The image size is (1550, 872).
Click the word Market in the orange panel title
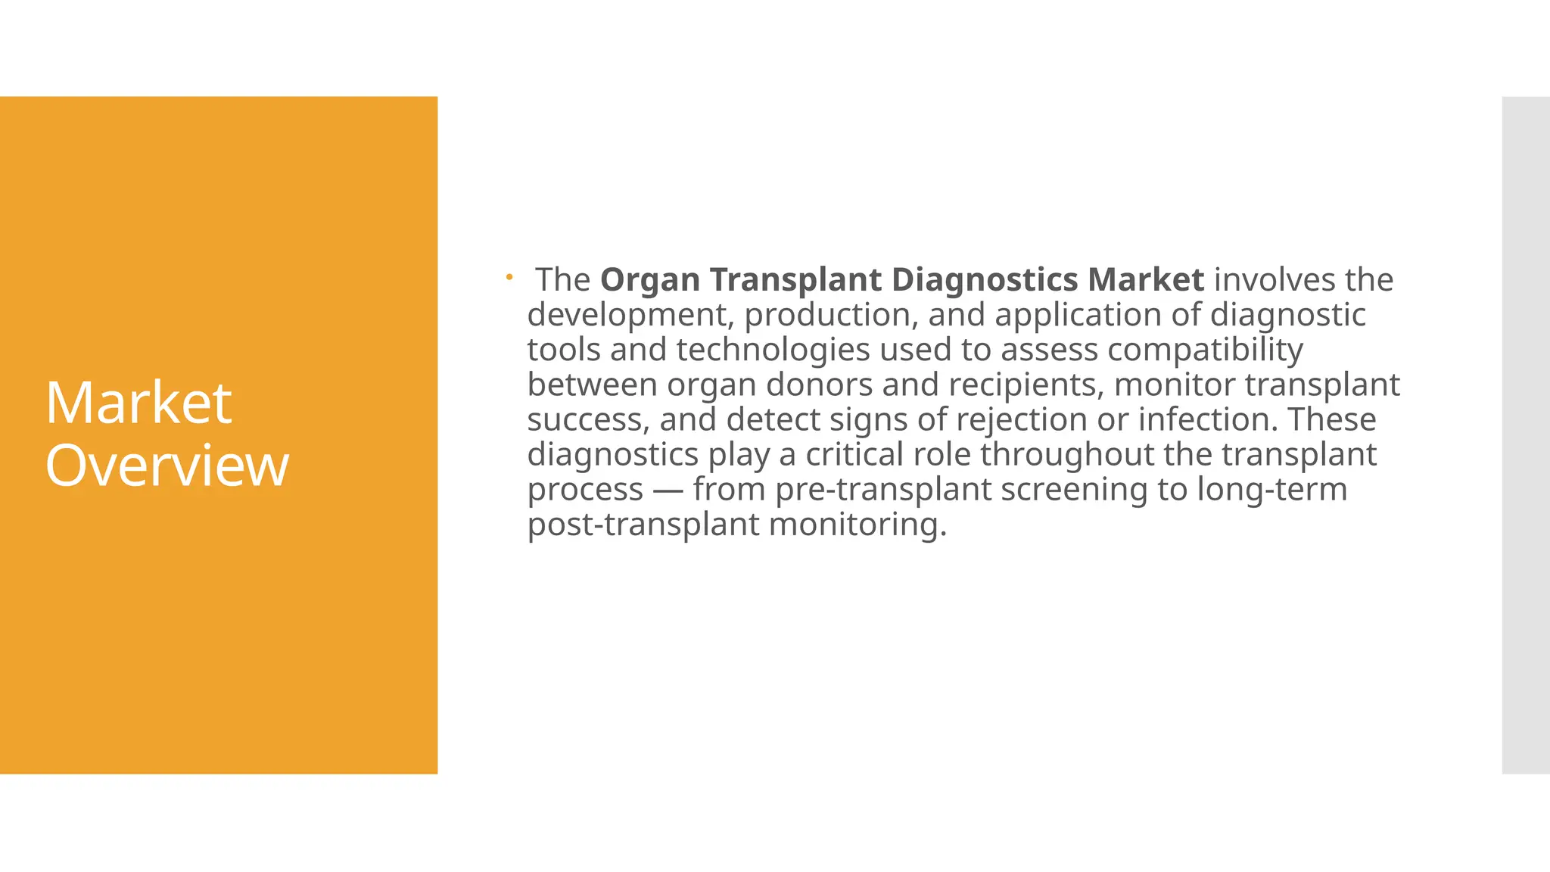click(x=139, y=403)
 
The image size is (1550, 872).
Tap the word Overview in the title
click(x=167, y=466)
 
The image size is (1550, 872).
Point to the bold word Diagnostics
click(x=985, y=280)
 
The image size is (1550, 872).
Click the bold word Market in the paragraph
click(x=1146, y=280)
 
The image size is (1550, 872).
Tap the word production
click(x=831, y=315)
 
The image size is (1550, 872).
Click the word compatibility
click(x=1205, y=350)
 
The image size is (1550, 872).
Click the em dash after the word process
click(x=668, y=490)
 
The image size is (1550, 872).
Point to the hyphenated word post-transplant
click(x=643, y=525)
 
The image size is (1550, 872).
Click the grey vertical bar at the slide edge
click(x=1525, y=435)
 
